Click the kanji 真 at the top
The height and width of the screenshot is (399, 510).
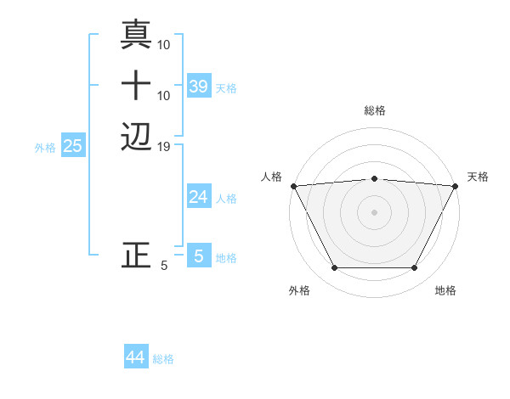(136, 35)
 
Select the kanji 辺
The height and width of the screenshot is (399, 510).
(136, 137)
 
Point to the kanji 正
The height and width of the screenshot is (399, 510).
(136, 256)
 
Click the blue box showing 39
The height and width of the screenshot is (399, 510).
(198, 86)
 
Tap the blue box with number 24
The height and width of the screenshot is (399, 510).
(198, 197)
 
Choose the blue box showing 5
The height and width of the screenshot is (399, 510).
(198, 256)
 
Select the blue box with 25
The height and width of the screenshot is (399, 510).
(72, 146)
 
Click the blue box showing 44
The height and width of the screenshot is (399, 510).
(136, 357)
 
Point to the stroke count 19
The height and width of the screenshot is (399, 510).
(164, 147)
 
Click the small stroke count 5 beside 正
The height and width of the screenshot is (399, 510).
(164, 266)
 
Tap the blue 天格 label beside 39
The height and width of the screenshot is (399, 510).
(226, 88)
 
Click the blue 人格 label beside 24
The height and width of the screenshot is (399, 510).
(226, 199)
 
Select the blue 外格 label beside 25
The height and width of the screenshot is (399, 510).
(45, 148)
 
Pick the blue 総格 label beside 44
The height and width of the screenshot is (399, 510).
(163, 360)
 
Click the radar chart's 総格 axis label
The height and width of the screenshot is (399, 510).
(374, 110)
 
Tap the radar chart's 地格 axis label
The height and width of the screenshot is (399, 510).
(445, 291)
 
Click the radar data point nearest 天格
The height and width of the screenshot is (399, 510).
(456, 186)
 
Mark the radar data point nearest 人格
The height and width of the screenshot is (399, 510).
(293, 186)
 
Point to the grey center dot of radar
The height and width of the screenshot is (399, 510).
(374, 212)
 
